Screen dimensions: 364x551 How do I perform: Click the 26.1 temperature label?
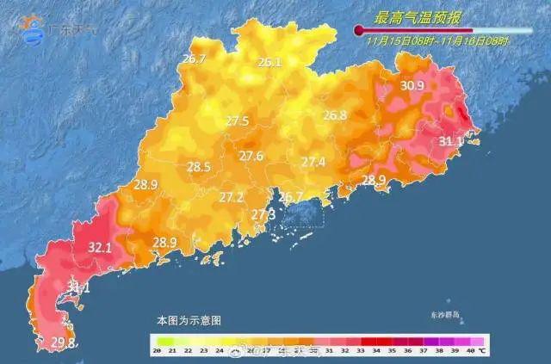pyautogui.click(x=269, y=62)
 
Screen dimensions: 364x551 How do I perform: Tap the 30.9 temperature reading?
pyautogui.click(x=412, y=85)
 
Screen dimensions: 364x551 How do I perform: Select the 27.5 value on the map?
pyautogui.click(x=237, y=121)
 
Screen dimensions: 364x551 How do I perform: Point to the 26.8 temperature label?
pyautogui.click(x=334, y=115)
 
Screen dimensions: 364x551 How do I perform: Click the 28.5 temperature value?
pyautogui.click(x=199, y=167)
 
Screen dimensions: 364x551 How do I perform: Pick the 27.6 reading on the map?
pyautogui.click(x=251, y=156)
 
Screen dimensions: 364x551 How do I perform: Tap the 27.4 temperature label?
pyautogui.click(x=313, y=162)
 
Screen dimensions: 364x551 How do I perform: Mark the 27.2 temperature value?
pyautogui.click(x=231, y=197)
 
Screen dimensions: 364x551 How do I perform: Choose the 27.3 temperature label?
pyautogui.click(x=263, y=213)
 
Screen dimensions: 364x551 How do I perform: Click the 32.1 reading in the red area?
pyautogui.click(x=100, y=248)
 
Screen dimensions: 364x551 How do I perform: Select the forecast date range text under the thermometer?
pyautogui.click(x=437, y=40)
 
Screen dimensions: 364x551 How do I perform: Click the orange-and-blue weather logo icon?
pyautogui.click(x=34, y=29)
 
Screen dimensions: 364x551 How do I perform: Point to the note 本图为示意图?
pyautogui.click(x=189, y=319)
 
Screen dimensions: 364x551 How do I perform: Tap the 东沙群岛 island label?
pyautogui.click(x=447, y=316)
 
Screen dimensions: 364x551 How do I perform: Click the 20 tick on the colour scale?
pyautogui.click(x=158, y=351)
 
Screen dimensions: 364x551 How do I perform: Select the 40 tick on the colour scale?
pyautogui.click(x=469, y=351)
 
